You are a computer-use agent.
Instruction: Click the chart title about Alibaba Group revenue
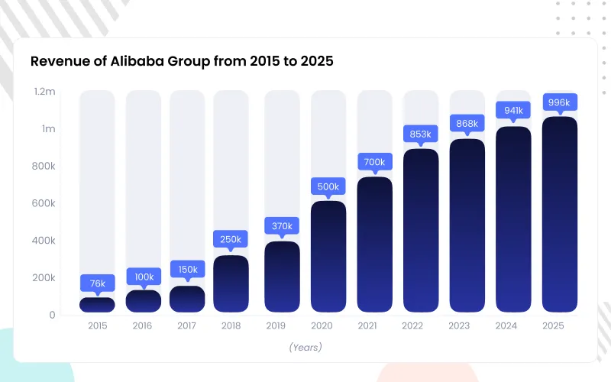tap(182, 61)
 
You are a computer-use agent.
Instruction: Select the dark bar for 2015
tap(98, 305)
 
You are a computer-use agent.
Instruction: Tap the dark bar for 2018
tap(231, 284)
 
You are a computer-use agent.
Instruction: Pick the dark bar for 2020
tap(328, 257)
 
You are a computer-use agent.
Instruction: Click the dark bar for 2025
tap(560, 215)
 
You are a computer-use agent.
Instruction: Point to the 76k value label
tap(98, 283)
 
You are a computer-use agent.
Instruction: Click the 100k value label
tap(144, 276)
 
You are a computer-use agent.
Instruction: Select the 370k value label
tap(282, 226)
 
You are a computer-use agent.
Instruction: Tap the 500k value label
tap(328, 186)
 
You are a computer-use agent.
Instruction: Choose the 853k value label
tap(421, 134)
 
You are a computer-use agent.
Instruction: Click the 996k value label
tap(560, 102)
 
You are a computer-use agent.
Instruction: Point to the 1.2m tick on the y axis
tap(45, 92)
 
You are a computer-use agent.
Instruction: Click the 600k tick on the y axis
tap(43, 203)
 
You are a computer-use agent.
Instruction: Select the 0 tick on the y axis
tap(52, 315)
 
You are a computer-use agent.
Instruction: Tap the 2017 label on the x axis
tap(187, 325)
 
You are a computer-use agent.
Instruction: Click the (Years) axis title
tap(305, 347)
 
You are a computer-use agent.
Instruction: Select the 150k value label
tap(187, 270)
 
